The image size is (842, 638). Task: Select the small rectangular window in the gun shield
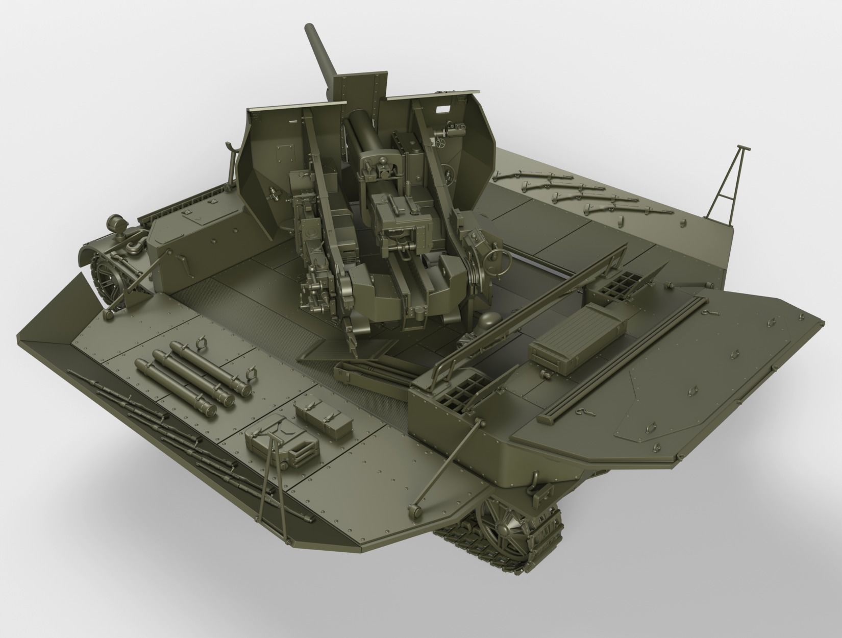(x=442, y=108)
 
